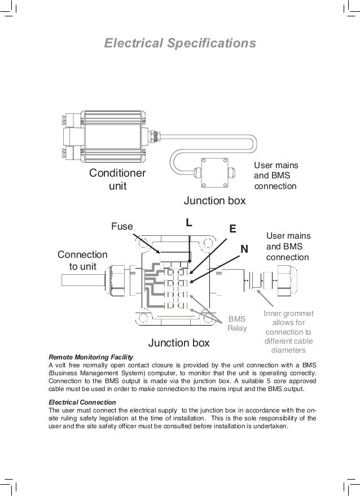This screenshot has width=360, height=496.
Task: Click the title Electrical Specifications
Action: point(180,43)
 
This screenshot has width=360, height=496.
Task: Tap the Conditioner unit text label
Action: point(117,179)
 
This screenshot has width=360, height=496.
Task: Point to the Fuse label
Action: point(121,227)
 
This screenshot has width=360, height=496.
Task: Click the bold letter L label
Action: point(190,223)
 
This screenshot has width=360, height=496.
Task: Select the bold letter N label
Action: point(244,249)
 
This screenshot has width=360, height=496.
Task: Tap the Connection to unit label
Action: point(82,261)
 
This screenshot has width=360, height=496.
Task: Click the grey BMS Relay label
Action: point(237,323)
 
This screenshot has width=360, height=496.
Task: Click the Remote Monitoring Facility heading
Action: point(91,357)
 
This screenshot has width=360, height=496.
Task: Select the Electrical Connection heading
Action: point(82,402)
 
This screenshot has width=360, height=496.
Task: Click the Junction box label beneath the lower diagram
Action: point(178,343)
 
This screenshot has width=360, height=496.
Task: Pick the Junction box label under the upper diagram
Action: point(214,201)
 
